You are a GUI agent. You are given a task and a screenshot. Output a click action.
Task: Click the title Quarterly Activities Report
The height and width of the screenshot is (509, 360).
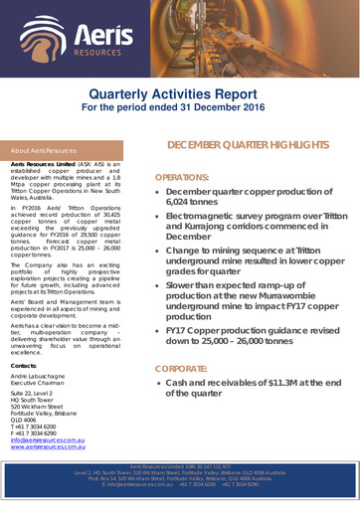[180, 94]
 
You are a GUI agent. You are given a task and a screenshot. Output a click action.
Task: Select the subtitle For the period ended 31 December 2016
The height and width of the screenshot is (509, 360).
[180, 108]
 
